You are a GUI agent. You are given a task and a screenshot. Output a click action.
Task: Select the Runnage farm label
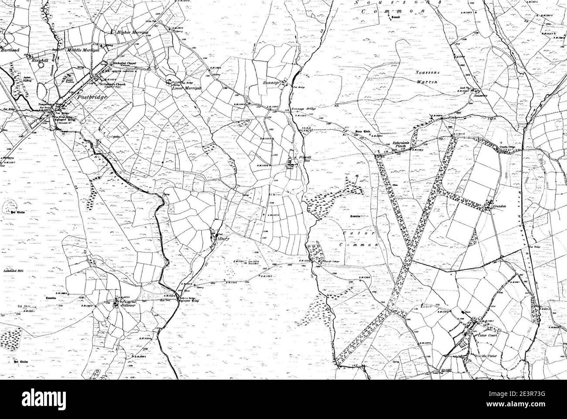[x=273, y=82]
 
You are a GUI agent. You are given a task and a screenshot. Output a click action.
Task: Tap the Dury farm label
[x=224, y=239]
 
